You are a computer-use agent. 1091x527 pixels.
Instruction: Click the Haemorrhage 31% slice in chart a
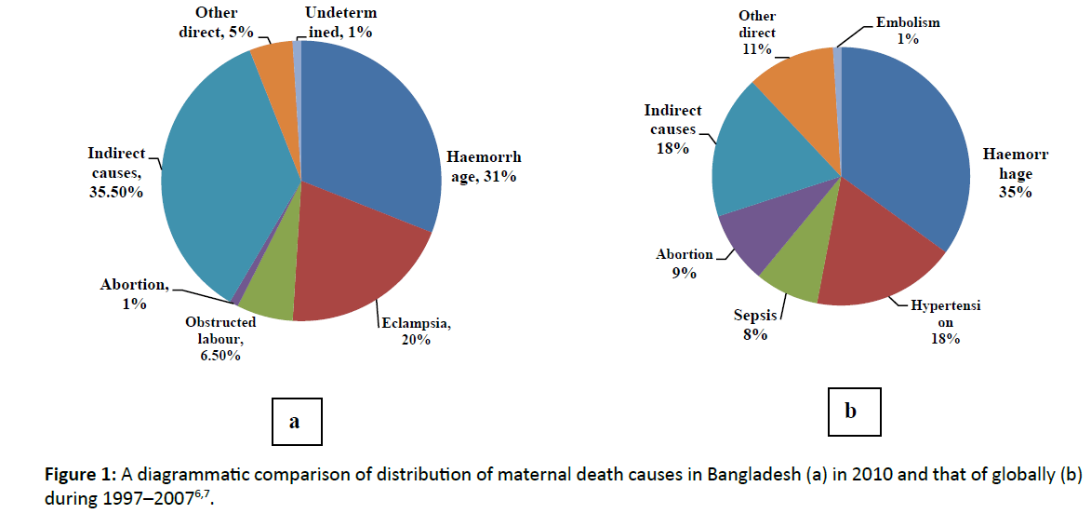[372, 130]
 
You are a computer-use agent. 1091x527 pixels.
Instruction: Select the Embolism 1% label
[908, 31]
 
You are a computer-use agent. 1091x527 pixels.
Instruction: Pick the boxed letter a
[294, 422]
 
